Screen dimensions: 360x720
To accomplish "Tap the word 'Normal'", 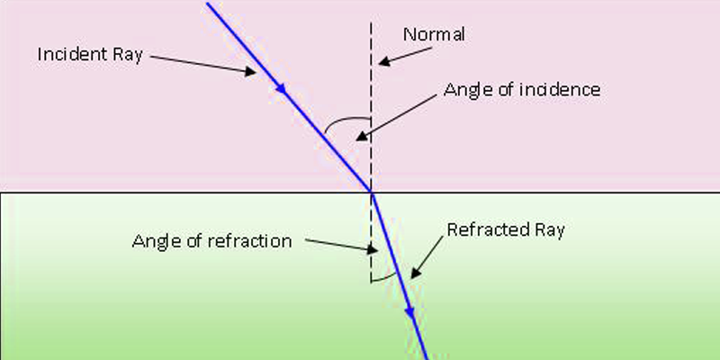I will [433, 35].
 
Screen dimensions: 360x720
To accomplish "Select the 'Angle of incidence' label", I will [521, 90].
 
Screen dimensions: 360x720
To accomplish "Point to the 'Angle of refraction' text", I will [212, 240].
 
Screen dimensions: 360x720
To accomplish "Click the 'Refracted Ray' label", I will [506, 230].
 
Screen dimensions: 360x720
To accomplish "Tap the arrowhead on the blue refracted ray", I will [409, 311].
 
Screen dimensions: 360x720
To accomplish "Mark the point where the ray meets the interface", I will [371, 192].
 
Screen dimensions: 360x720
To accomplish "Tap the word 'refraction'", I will [252, 240].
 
